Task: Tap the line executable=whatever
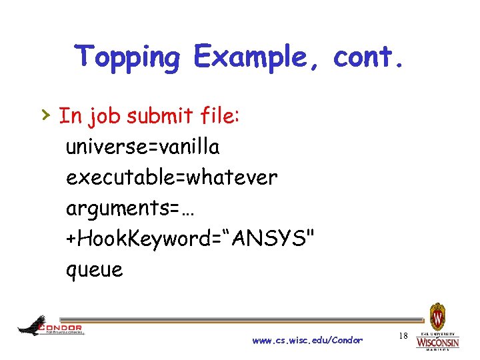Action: click(171, 177)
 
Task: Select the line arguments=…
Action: click(133, 208)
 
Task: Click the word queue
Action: click(94, 270)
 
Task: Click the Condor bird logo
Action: click(32, 325)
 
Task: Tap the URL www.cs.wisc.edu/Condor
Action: click(307, 340)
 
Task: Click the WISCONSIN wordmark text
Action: click(437, 343)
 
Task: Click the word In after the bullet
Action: click(69, 116)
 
